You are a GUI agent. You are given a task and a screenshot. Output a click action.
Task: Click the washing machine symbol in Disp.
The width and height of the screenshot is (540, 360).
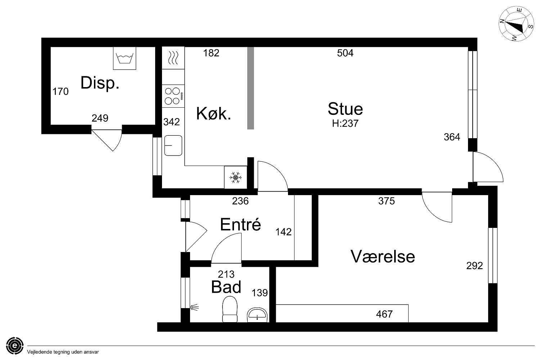[125, 58]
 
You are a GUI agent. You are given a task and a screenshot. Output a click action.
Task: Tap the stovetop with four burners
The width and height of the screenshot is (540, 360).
[173, 96]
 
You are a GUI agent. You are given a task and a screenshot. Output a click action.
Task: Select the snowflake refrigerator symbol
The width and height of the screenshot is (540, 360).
[235, 177]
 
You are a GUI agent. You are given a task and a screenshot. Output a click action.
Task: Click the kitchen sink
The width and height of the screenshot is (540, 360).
[173, 145]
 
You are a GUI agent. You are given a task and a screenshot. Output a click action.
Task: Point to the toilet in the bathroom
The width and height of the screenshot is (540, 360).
[230, 309]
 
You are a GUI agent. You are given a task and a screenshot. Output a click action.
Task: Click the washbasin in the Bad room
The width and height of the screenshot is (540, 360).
[257, 315]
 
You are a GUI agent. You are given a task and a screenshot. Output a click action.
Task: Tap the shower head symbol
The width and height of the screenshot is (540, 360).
[194, 307]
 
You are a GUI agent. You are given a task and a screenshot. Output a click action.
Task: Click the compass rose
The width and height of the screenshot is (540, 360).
[516, 24]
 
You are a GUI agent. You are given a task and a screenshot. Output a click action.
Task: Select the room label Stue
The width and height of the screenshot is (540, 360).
[345, 109]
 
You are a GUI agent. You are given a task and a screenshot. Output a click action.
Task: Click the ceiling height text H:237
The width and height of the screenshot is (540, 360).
[345, 123]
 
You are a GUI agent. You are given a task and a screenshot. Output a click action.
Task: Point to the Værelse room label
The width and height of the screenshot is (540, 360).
[383, 256]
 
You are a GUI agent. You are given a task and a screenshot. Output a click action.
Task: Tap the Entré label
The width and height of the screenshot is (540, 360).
[240, 224]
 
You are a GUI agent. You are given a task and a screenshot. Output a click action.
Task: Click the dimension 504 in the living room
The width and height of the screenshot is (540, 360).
[345, 53]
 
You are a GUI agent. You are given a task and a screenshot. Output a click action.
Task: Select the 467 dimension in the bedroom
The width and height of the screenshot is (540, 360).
[384, 314]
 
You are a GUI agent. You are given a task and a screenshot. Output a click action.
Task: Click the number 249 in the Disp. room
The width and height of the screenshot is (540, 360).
[100, 118]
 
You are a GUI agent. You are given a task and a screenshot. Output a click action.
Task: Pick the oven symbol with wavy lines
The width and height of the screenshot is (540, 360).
[173, 58]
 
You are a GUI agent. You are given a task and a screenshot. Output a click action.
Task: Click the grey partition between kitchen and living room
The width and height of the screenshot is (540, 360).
[251, 88]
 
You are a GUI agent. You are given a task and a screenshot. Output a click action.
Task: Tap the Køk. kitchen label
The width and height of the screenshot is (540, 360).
[213, 113]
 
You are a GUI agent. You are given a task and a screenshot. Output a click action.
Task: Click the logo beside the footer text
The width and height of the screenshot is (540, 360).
[15, 346]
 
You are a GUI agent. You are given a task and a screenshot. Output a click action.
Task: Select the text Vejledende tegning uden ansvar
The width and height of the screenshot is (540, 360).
[63, 352]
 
